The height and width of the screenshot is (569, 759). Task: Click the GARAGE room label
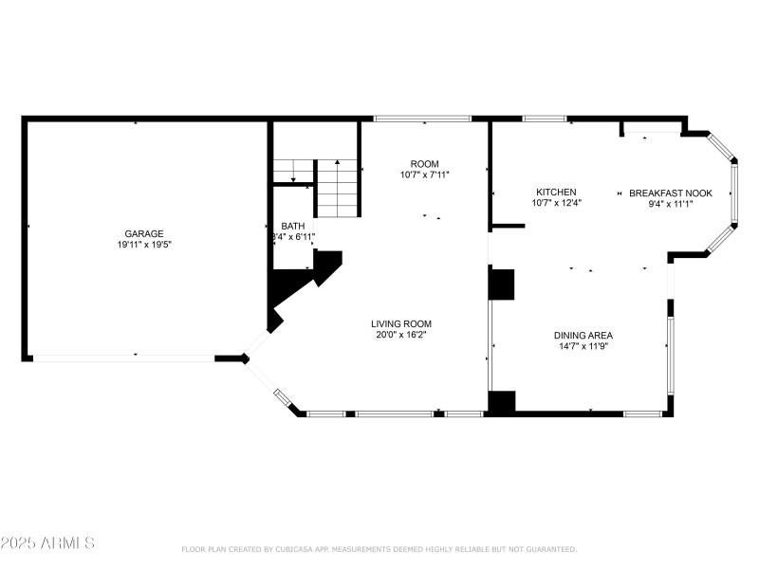coord(144,233)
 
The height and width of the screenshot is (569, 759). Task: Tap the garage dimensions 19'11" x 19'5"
coord(144,245)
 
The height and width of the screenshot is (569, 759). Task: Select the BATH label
coord(292,226)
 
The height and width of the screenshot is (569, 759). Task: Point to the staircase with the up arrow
coord(338,188)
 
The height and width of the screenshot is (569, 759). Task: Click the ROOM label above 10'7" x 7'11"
coord(424,163)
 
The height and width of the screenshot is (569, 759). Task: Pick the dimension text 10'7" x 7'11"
coord(424,174)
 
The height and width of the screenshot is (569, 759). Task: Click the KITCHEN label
coord(556,192)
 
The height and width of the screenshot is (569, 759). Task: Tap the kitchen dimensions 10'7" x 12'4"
coord(556,202)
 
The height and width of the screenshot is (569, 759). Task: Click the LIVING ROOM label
coord(401,323)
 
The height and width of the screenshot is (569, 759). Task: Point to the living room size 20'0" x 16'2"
coord(401,335)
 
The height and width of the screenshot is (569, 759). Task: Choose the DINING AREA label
coord(583,335)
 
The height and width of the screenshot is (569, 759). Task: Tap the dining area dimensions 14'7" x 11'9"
coord(583,346)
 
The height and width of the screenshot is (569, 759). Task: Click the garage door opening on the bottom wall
coord(123,358)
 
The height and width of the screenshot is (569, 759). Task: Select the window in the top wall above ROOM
coord(422,119)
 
